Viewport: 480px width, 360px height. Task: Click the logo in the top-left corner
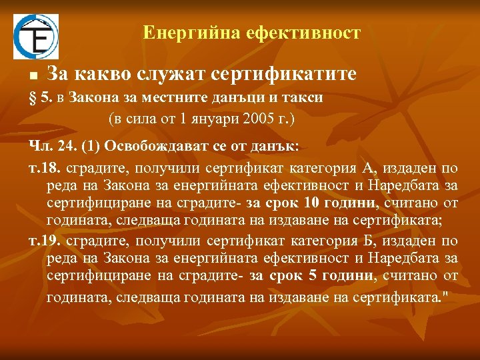pos(36,37)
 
